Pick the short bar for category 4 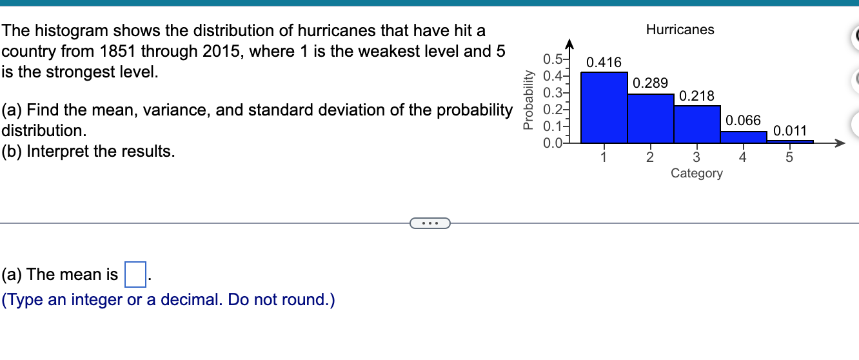click(744, 136)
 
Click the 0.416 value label click(604, 63)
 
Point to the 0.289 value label click(651, 83)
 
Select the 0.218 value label click(697, 97)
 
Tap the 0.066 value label click(744, 121)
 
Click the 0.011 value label click(790, 131)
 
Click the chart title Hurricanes click(680, 30)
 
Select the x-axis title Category click(696, 173)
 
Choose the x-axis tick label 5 click(789, 157)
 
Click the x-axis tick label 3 click(696, 157)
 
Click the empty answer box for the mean click(135, 275)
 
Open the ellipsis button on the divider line click(429, 223)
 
